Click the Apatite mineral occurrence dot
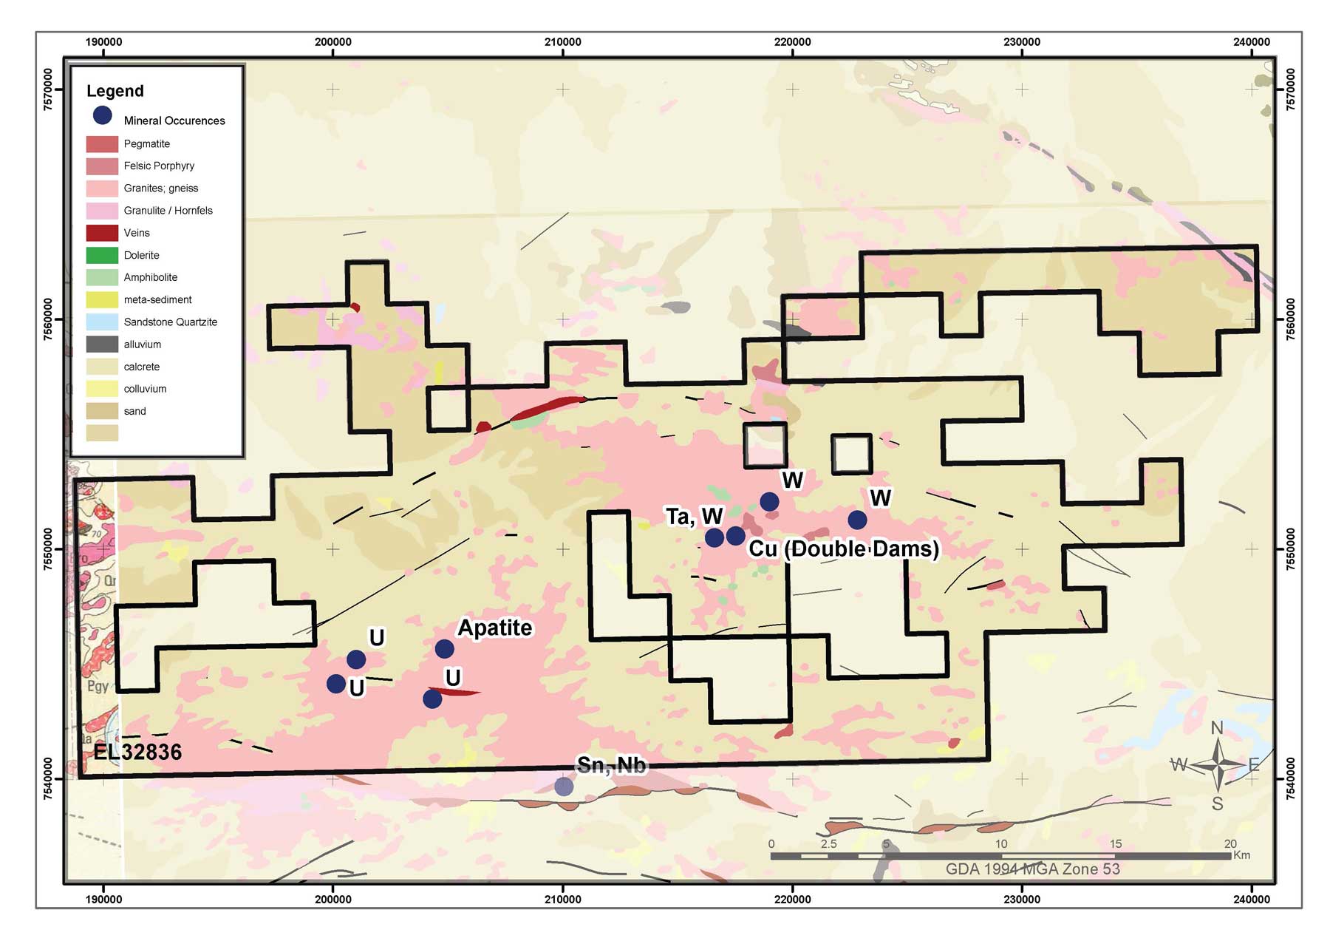pos(444,649)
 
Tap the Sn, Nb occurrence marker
pos(564,787)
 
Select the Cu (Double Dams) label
pos(844,549)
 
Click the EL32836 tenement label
pos(137,753)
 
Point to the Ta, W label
pos(694,517)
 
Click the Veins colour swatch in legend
pos(102,233)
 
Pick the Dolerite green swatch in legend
pos(102,255)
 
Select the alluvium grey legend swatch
pos(102,344)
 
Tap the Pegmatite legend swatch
pos(102,144)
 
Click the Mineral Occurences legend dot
pos(102,115)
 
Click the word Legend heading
pos(115,91)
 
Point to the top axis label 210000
pos(563,42)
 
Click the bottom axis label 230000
pos(1022,900)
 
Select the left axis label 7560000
pos(48,319)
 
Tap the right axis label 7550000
pos(1291,549)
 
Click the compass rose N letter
pos(1217,728)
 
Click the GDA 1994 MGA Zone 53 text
pos(1033,869)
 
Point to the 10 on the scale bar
pos(1000,844)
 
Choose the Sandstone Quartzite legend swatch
pos(102,322)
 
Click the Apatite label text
pos(495,628)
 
